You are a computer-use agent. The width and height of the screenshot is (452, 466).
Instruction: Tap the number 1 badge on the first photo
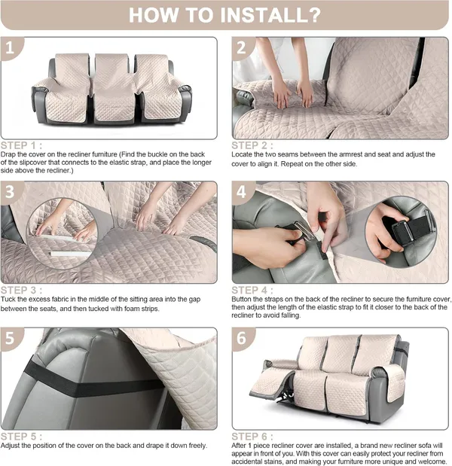point(10,47)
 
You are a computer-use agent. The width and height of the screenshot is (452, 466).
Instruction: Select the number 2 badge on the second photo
point(242,47)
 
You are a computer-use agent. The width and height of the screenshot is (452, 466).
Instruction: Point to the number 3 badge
point(10,192)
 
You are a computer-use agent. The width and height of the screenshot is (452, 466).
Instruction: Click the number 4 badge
point(242,192)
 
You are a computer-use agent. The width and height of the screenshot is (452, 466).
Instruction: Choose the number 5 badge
point(10,338)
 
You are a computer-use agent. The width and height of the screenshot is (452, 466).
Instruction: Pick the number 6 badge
point(242,338)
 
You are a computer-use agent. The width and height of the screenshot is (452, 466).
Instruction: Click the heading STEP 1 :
point(21,145)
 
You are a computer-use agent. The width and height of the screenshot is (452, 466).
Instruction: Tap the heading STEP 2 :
point(252,145)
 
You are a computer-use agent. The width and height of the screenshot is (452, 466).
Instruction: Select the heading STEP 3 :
point(21,291)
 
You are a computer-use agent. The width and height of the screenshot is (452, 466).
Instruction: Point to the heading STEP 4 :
point(252,291)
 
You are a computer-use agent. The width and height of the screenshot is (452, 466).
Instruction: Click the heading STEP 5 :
point(21,437)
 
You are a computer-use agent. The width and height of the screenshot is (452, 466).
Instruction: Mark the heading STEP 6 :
point(252,437)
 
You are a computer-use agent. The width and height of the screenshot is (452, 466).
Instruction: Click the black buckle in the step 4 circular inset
point(402,231)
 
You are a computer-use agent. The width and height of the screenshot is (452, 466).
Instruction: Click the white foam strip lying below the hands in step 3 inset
point(70,254)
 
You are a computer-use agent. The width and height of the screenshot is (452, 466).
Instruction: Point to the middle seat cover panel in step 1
point(114,89)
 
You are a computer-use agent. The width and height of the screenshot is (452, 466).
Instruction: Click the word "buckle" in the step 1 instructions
point(160,154)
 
